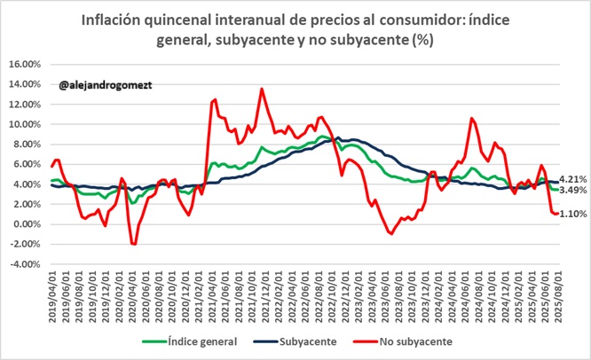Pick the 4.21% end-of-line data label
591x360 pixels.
tap(572, 179)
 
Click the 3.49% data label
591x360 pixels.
tap(572, 191)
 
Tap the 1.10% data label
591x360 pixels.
tap(572, 214)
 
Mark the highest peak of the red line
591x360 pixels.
tap(261, 89)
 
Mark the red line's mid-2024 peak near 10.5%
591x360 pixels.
tap(472, 119)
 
